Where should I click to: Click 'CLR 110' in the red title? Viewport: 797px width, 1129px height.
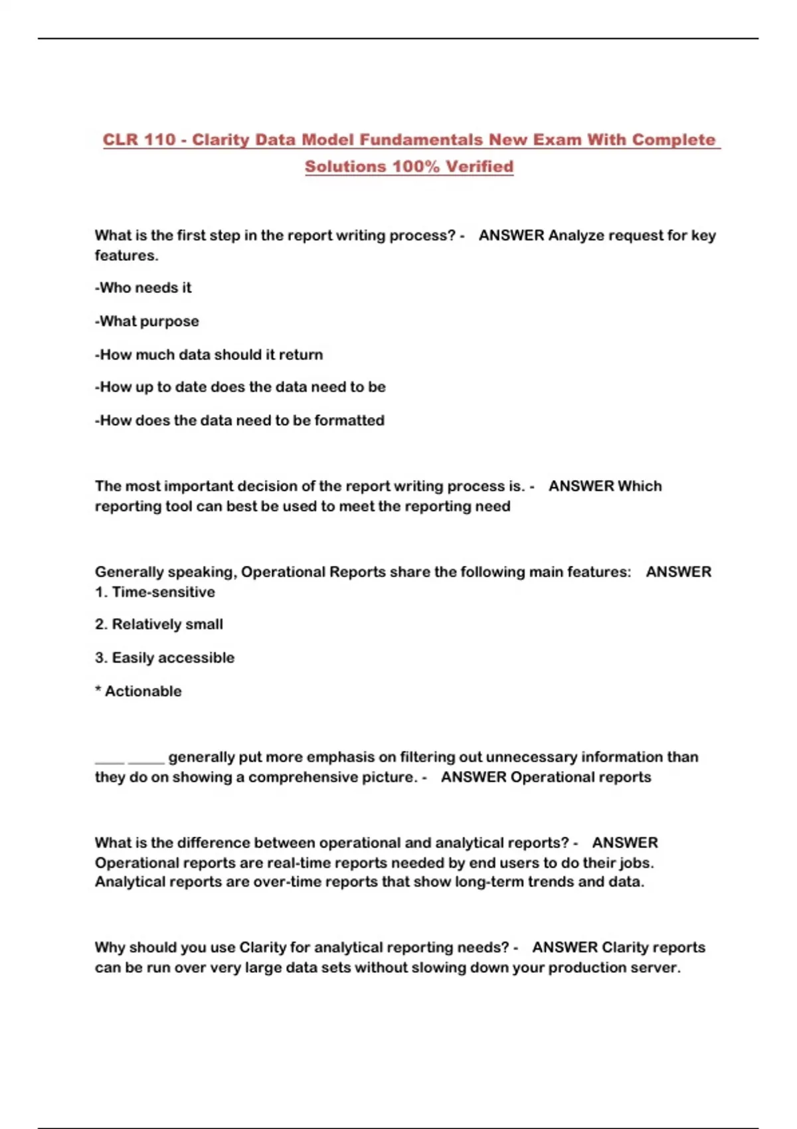139,140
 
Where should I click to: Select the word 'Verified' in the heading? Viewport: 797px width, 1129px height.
479,167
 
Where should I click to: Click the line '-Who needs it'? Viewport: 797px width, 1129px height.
143,288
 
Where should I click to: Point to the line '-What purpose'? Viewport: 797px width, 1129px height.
147,321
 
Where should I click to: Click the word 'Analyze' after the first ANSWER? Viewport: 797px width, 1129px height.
573,236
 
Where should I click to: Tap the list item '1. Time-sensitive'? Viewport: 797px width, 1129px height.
155,592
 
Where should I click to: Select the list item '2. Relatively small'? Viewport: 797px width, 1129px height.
159,625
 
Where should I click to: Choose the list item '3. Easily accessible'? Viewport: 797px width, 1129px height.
165,658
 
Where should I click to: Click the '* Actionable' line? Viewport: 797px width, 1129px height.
138,691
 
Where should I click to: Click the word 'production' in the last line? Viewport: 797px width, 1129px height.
587,968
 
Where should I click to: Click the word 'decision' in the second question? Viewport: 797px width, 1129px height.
267,486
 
